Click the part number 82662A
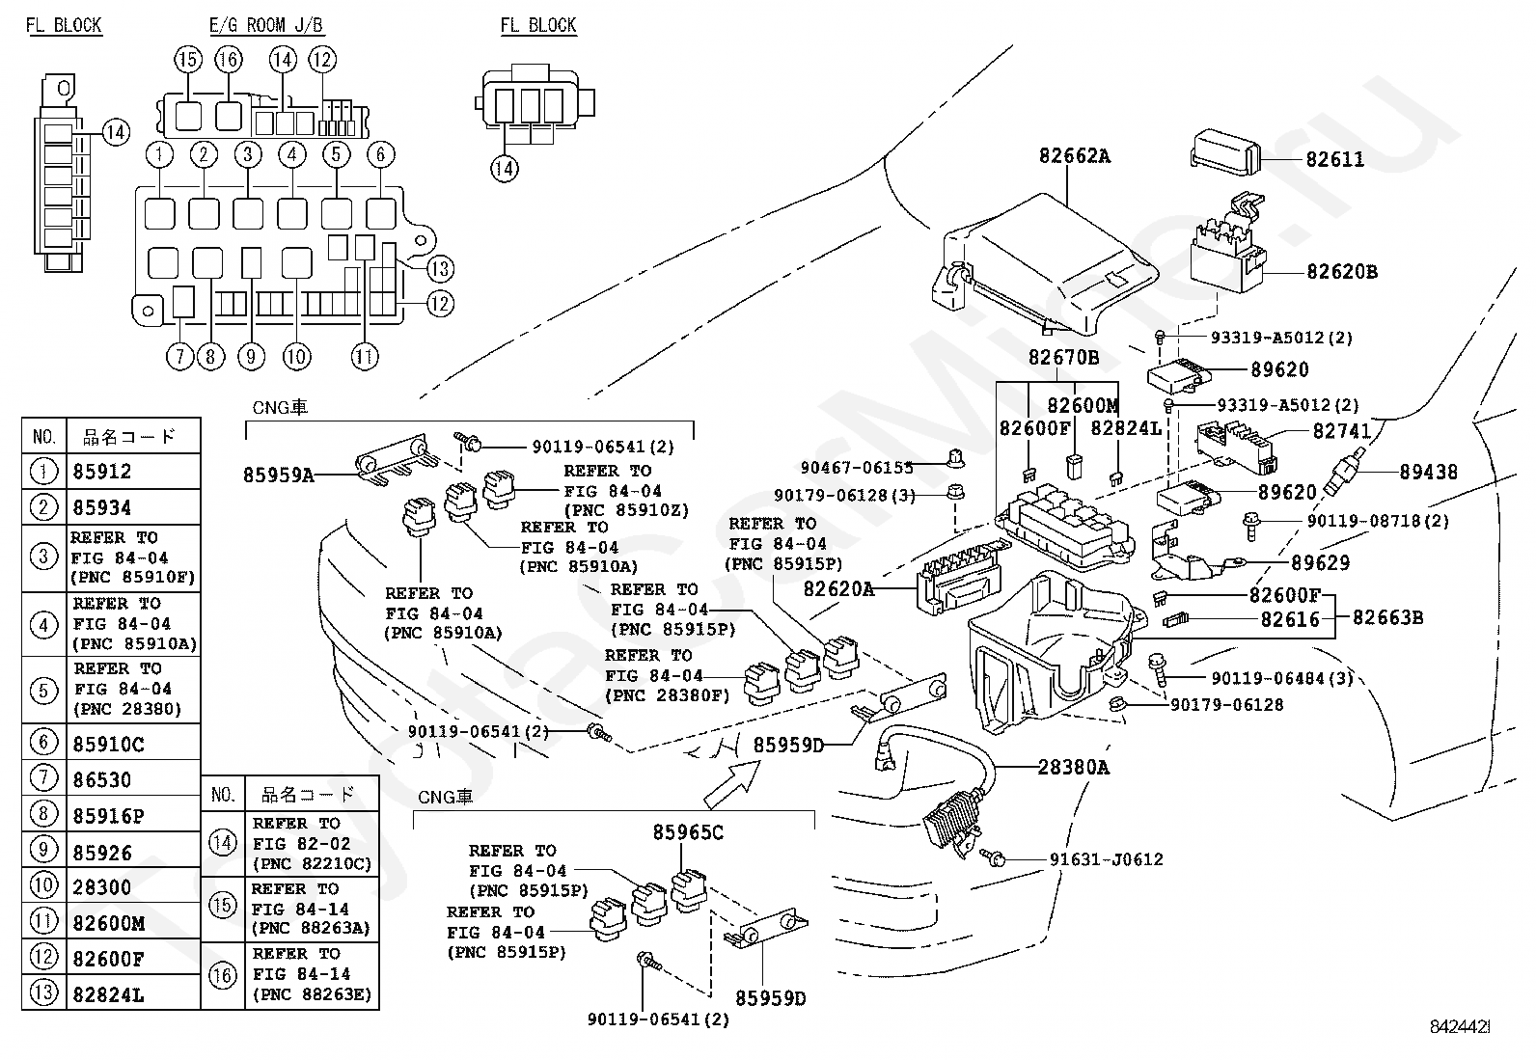(1075, 156)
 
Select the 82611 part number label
(1334, 160)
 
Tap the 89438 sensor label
(1428, 472)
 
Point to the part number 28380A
(1073, 767)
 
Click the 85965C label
(688, 832)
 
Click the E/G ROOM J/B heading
(266, 26)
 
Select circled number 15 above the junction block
(188, 60)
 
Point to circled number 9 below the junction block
(251, 357)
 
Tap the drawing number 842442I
(1460, 1026)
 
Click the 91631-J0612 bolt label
(1106, 859)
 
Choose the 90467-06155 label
(857, 468)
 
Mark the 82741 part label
(1341, 431)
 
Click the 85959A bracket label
(279, 476)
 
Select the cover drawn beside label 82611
(1226, 150)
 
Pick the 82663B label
(1387, 617)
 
